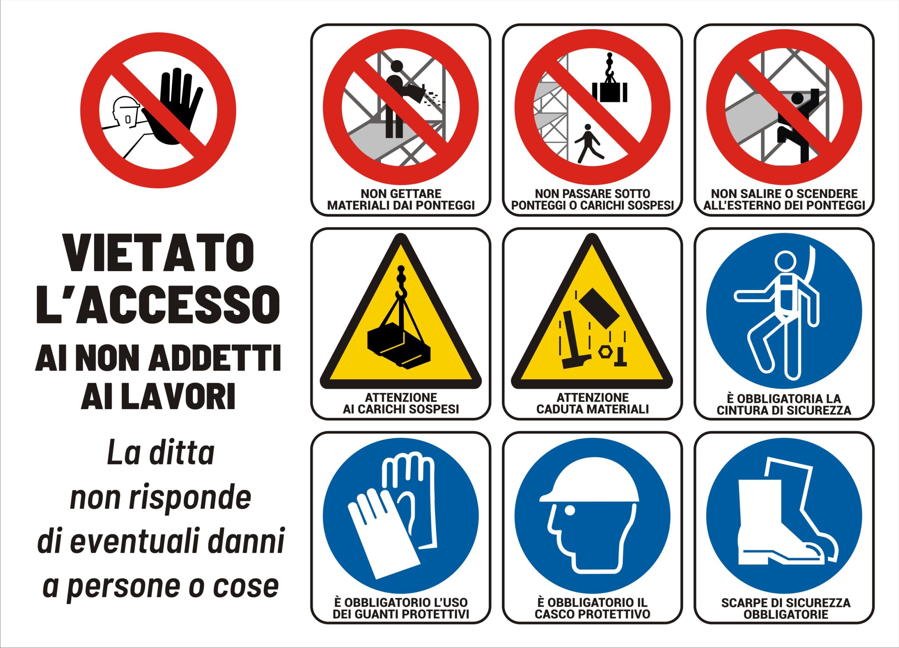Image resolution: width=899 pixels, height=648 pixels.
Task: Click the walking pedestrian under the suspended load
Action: [589, 143]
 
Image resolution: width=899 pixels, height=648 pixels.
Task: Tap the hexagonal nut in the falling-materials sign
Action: [604, 352]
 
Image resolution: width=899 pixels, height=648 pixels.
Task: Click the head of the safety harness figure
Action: [785, 262]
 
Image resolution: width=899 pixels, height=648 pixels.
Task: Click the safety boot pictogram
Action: [785, 515]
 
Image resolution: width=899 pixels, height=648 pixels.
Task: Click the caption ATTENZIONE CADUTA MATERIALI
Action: [592, 403]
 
